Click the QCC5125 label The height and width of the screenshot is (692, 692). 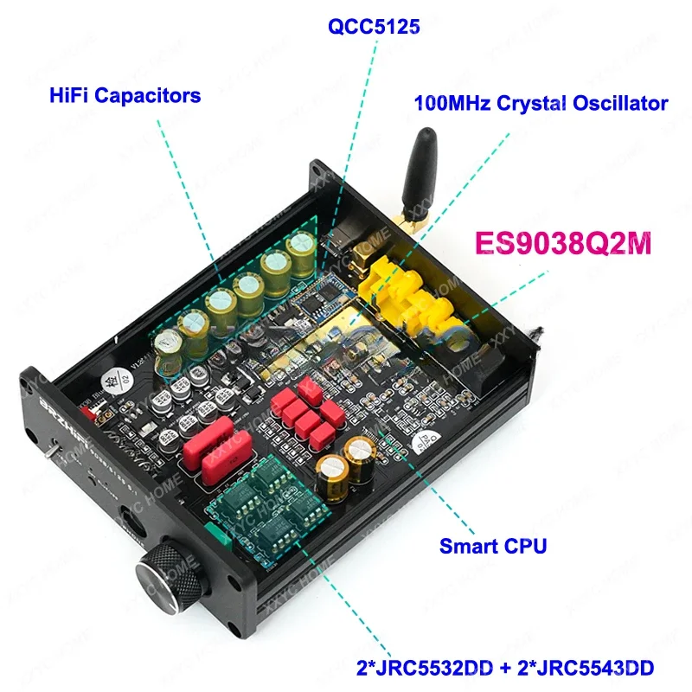(374, 28)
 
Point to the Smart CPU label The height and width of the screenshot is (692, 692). (493, 546)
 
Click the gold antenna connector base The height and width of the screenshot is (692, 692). (405, 223)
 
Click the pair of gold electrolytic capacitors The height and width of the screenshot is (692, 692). (346, 463)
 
